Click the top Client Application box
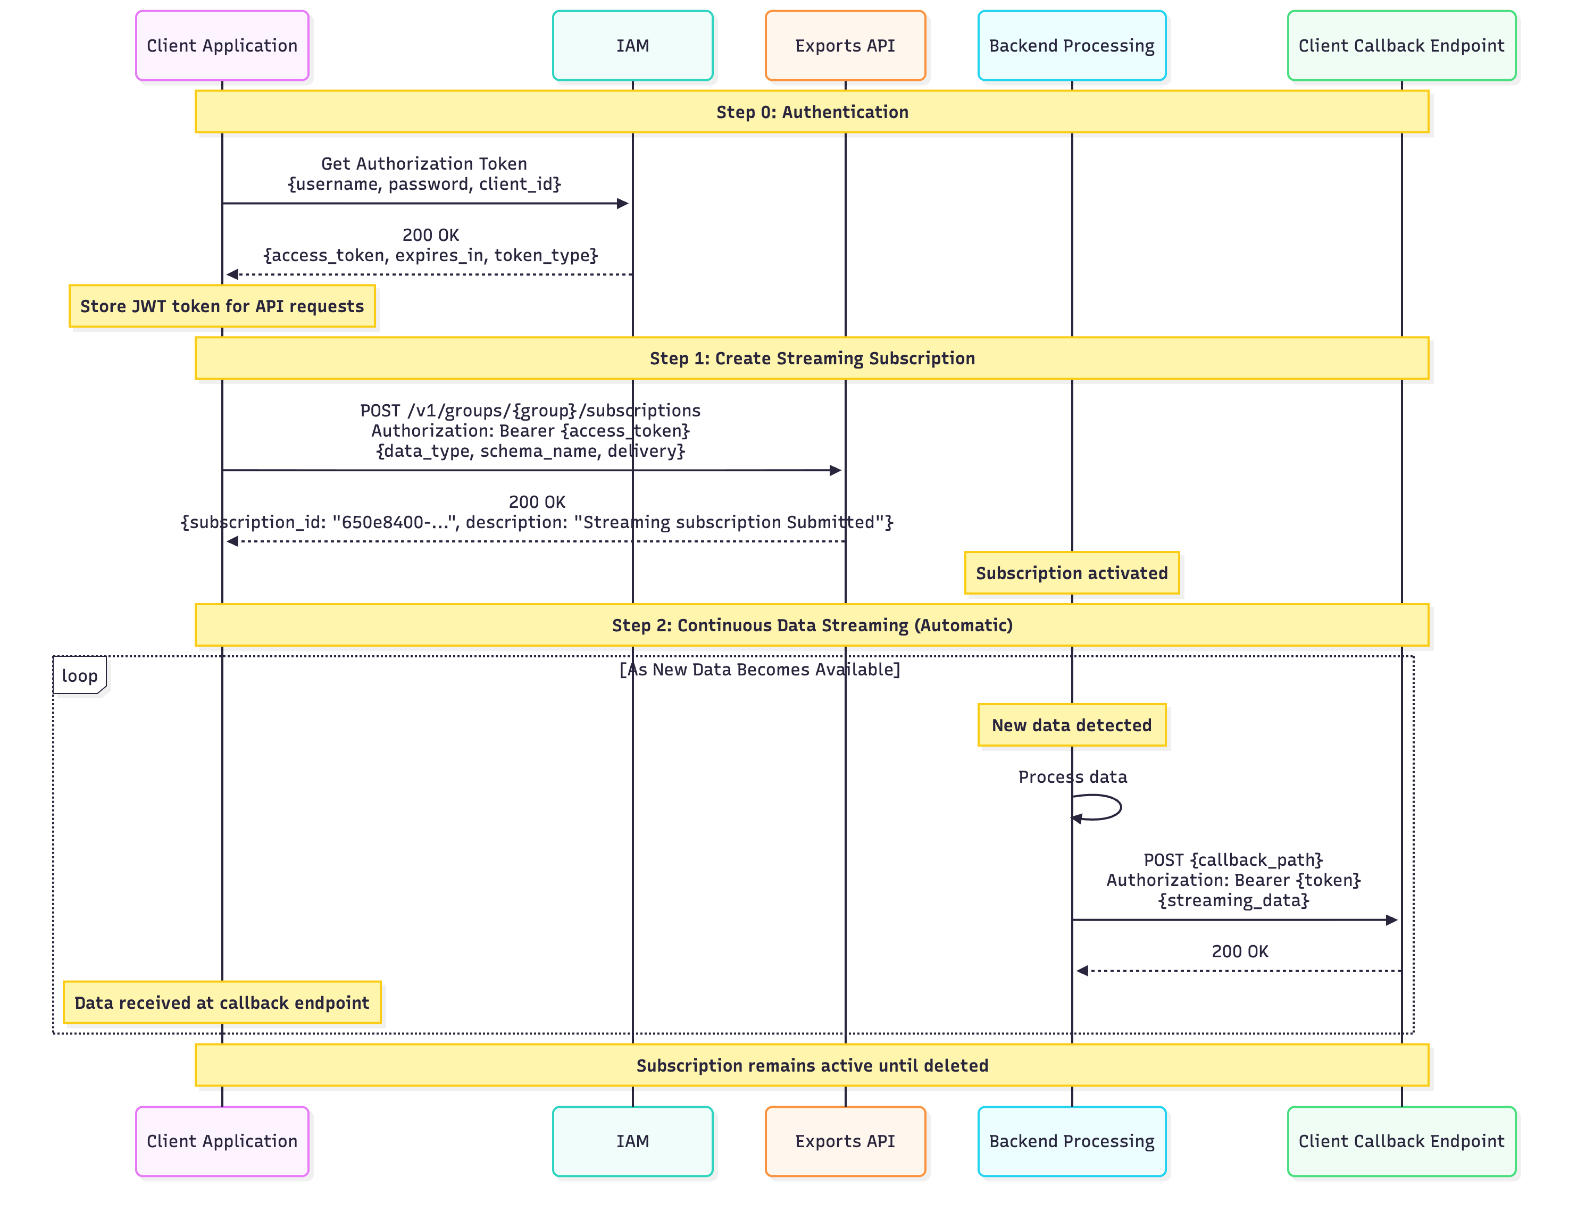coord(222,45)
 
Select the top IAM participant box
coord(632,45)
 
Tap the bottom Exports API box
coord(845,1141)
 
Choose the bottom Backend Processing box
coord(1071,1141)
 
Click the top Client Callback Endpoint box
coord(1401,45)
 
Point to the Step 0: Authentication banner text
coord(812,112)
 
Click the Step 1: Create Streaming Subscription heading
coord(812,358)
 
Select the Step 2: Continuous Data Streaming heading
coord(812,625)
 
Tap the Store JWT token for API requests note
coord(222,306)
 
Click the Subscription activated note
coord(1071,573)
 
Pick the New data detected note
coord(1071,725)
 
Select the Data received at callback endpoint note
coord(222,1002)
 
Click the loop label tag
coord(79,675)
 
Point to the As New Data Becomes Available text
coord(760,670)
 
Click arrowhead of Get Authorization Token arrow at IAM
coord(623,203)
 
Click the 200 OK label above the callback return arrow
coord(1240,951)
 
